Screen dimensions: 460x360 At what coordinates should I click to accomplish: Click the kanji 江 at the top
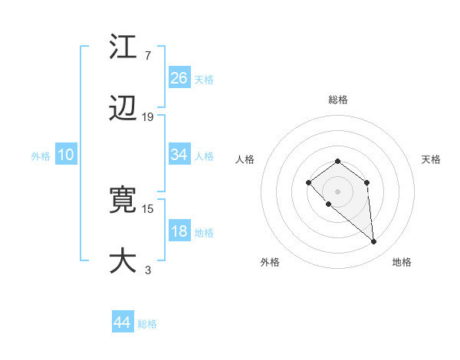point(123,48)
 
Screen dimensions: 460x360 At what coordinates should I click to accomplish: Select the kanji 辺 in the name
point(123,110)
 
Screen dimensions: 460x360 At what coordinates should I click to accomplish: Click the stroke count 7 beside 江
point(147,56)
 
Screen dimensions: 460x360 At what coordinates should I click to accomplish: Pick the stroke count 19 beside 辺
point(148,117)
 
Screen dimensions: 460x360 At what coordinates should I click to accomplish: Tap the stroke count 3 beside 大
point(147,269)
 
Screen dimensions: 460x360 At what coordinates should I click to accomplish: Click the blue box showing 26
point(179,77)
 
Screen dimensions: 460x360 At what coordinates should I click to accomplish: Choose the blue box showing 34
point(179,155)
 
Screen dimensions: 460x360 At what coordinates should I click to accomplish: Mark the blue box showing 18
point(179,231)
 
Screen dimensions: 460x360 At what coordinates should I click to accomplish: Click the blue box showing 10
point(66,155)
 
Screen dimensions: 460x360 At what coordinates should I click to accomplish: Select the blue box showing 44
point(123,322)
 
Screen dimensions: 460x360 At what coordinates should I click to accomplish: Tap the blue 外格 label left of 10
point(41,155)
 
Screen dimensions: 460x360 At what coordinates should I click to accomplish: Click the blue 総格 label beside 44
point(147,324)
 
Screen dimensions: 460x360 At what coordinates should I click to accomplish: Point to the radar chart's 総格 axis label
point(337,100)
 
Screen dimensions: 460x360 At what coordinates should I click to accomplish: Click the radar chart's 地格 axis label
point(402,262)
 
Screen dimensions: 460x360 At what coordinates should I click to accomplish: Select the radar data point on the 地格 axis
point(374,242)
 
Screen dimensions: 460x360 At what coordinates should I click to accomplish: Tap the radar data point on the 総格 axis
point(337,161)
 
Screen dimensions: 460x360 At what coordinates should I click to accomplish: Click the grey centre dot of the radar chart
point(337,191)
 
